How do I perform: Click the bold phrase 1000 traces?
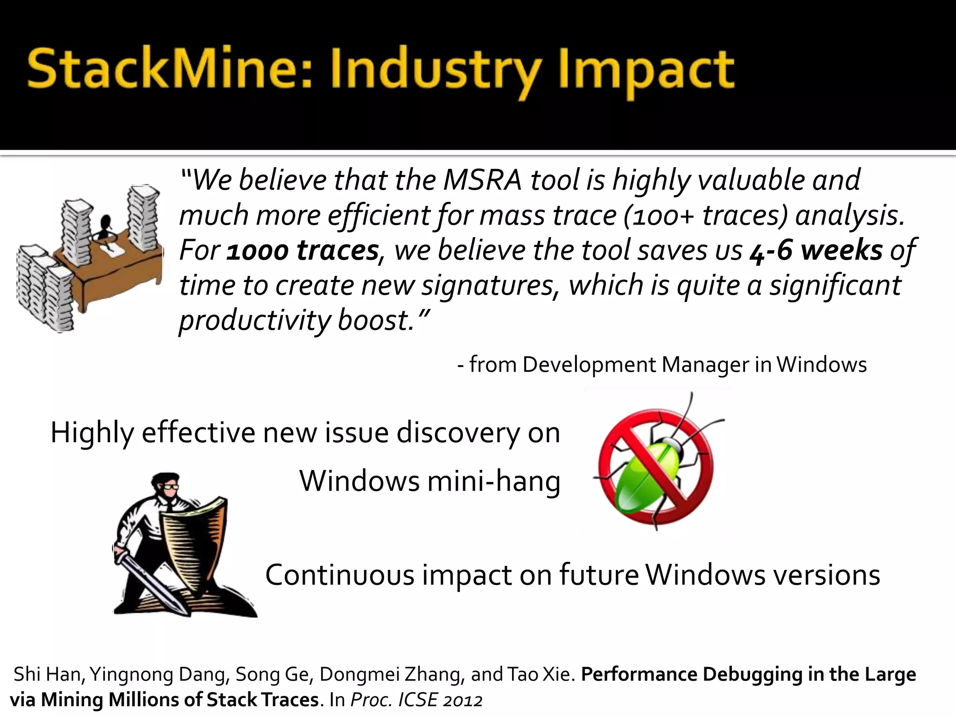pyautogui.click(x=302, y=251)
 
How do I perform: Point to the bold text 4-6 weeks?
pyautogui.click(x=816, y=251)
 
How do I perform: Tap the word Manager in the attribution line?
pyautogui.click(x=705, y=365)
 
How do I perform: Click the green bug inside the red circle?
pyautogui.click(x=651, y=469)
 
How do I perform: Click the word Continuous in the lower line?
pyautogui.click(x=339, y=575)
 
